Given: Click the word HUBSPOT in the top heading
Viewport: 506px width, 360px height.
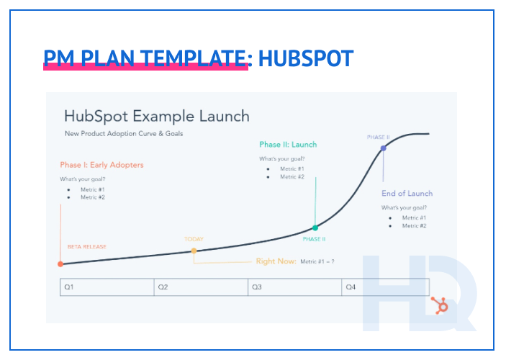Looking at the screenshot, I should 306,58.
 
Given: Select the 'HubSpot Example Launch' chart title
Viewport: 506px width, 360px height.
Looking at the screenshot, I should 156,116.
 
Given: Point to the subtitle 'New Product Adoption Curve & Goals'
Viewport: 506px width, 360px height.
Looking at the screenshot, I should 124,134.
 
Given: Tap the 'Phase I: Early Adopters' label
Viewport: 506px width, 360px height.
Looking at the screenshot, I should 101,165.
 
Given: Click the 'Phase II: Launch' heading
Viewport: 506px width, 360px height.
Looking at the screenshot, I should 288,145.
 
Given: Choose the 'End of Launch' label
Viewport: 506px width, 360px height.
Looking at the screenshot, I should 407,194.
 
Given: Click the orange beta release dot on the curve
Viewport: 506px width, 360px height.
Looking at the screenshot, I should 60,264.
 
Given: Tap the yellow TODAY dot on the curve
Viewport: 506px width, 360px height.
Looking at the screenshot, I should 194,251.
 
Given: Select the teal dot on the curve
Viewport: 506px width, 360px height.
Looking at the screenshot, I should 315,228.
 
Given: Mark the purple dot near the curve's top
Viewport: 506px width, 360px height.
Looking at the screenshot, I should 383,148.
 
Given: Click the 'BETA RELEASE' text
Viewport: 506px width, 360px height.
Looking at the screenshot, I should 86,247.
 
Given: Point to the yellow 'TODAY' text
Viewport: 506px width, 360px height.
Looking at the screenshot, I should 194,239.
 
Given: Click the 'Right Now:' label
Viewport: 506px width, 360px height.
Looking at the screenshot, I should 276,261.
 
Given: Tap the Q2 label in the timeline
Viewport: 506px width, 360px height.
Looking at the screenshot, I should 163,287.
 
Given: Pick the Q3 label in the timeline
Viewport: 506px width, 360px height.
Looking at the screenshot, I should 256,287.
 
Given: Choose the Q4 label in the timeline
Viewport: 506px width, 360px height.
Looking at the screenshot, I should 351,287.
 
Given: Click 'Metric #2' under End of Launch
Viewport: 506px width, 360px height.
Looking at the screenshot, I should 414,226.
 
